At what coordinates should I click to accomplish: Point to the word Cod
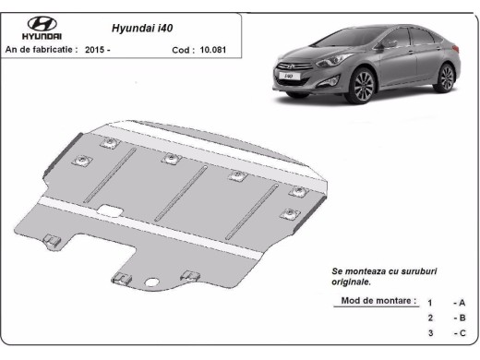[x=182, y=49]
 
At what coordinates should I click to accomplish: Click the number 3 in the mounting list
[x=429, y=332]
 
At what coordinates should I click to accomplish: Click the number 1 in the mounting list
[x=429, y=303]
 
